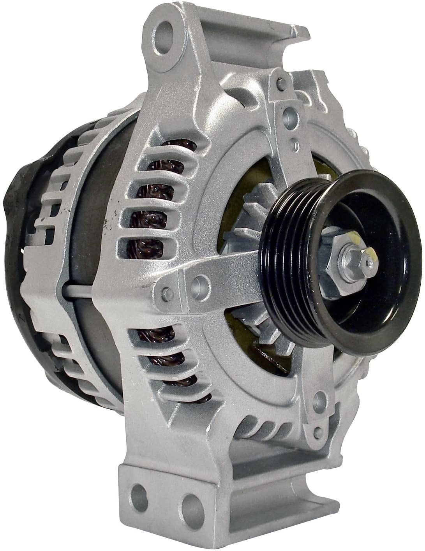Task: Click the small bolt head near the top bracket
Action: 278,83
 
